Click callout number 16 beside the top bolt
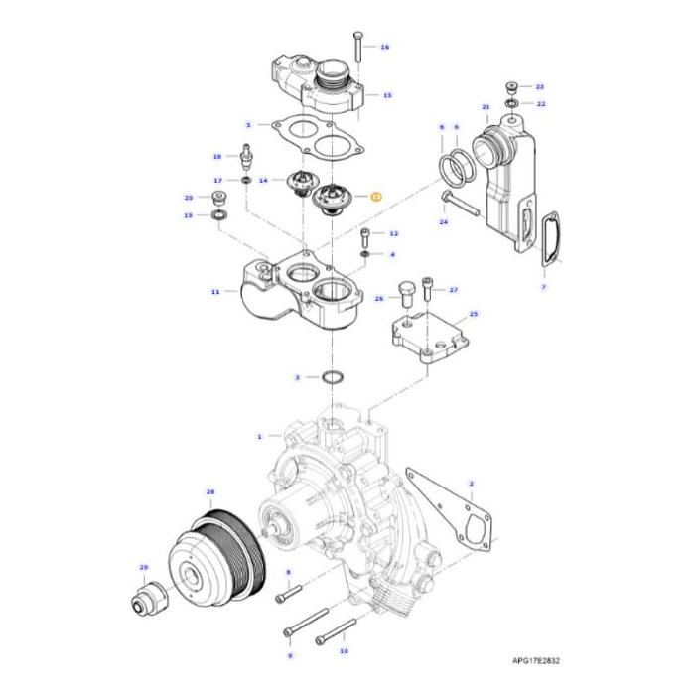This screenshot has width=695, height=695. click(x=385, y=47)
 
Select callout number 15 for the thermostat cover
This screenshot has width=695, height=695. click(x=387, y=95)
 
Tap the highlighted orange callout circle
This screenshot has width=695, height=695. click(x=375, y=198)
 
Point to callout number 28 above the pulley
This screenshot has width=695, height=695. click(x=210, y=492)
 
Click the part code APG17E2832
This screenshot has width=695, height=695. click(x=544, y=659)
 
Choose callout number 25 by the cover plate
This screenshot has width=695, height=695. click(x=473, y=313)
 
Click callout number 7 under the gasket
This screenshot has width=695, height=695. click(x=544, y=286)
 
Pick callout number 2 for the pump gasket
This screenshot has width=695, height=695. click(x=471, y=484)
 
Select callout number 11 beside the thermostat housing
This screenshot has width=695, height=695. click(x=215, y=292)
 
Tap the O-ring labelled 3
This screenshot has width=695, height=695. click(x=335, y=378)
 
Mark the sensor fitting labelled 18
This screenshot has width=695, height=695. click(x=245, y=158)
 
